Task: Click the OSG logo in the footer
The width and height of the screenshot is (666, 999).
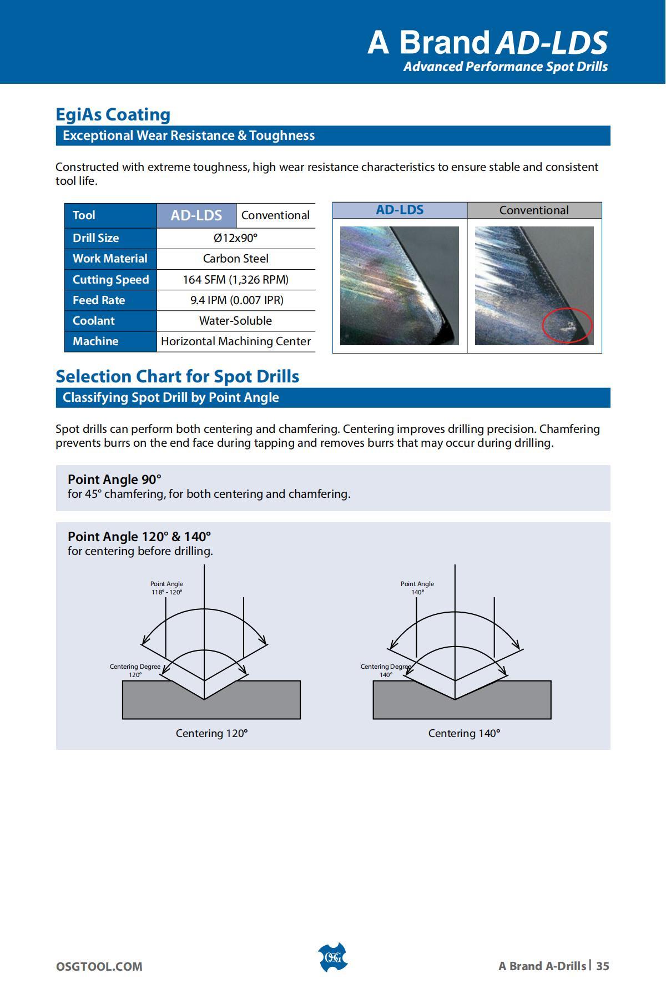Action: pos(332,957)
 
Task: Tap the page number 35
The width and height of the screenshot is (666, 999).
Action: pos(603,966)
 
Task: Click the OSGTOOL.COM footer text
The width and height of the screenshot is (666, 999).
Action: pos(99,966)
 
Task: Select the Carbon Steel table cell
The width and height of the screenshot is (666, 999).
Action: pos(236,259)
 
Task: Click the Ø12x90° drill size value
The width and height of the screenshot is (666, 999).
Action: pos(236,238)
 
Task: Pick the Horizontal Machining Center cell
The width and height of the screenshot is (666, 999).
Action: pos(236,341)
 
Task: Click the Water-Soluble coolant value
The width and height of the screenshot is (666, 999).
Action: pos(236,321)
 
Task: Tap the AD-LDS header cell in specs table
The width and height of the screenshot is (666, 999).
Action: pos(196,215)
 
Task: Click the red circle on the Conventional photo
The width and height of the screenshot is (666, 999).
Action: pos(567,325)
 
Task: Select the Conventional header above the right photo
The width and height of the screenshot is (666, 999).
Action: pos(534,210)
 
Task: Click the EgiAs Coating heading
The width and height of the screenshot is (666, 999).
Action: pos(113,114)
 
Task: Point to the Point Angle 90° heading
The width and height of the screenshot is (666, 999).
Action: pos(114,480)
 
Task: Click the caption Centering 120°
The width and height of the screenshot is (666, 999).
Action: pos(211,733)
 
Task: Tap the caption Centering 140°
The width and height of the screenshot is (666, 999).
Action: pos(464,733)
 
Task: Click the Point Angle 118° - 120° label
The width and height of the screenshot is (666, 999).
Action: pos(167,588)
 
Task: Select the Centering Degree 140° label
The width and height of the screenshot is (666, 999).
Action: pos(386,670)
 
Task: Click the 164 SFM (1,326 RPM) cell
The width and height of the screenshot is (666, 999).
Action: pos(236,280)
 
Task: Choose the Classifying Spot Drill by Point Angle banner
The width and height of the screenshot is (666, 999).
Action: pos(171,398)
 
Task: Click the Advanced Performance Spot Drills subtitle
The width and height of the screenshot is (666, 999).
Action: pos(505,67)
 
